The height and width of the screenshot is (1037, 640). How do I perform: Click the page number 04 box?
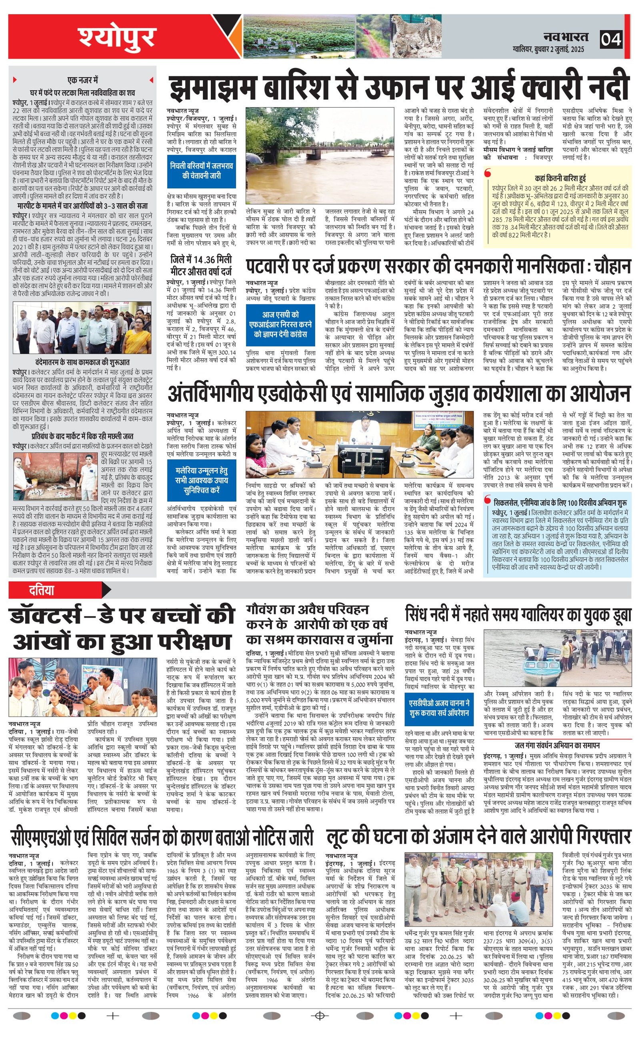click(612, 39)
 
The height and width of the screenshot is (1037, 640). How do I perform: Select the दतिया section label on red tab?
click(42, 590)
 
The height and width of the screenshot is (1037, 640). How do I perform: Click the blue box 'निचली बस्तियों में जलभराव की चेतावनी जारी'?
click(202, 170)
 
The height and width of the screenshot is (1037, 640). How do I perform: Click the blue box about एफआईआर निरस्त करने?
click(280, 324)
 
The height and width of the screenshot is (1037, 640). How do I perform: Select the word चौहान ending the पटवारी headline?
click(612, 267)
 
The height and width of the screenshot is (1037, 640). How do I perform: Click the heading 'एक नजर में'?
click(82, 80)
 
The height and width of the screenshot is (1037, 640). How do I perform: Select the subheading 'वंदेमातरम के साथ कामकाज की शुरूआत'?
click(82, 362)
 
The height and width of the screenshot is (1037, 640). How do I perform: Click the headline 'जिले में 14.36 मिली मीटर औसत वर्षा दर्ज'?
click(201, 264)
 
